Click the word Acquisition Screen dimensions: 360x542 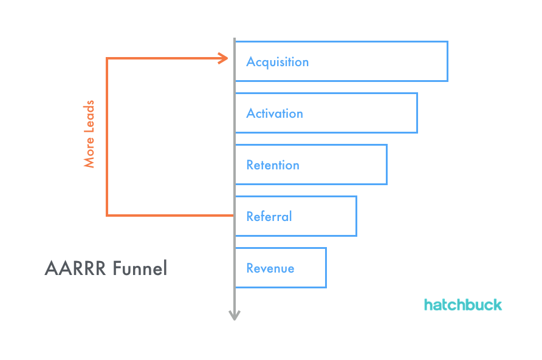(277, 62)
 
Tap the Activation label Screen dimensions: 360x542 (275, 114)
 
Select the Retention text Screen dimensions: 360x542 (273, 165)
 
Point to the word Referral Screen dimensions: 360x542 (269, 217)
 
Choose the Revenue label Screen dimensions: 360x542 (270, 268)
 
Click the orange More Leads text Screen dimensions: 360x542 (89, 134)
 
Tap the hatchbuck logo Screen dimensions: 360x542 (463, 304)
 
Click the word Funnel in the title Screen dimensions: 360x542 (139, 268)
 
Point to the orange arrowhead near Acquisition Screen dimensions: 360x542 (224, 58)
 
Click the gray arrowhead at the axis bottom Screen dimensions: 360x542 (235, 315)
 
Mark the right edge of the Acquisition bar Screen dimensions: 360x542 (447, 61)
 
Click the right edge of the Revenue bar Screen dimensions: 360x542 (326, 268)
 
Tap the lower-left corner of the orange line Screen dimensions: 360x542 (107, 215)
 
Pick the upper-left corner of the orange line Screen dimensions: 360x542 (107, 58)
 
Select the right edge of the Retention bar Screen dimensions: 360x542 (386, 165)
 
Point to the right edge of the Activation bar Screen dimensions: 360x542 (417, 113)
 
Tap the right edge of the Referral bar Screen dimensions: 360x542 (356, 216)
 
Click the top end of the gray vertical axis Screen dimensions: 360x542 (235, 39)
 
